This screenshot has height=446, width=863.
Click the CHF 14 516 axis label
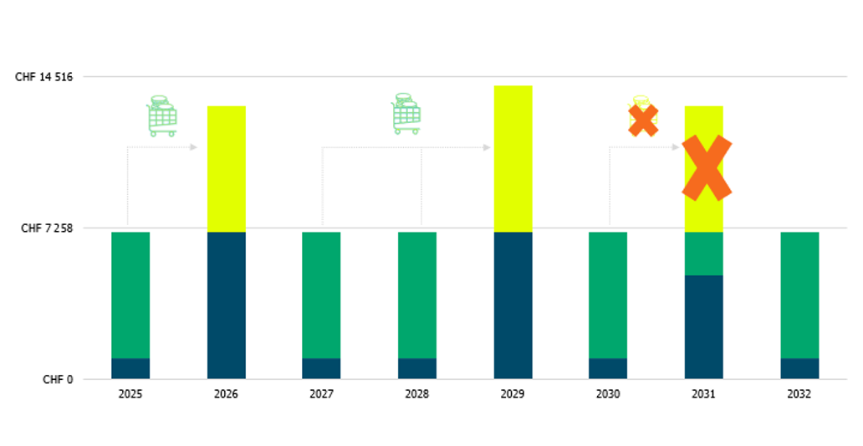[x=44, y=77]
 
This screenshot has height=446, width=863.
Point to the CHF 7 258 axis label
[x=48, y=228]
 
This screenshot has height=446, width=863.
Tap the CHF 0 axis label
[x=59, y=379]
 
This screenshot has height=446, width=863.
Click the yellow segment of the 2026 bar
[x=226, y=168]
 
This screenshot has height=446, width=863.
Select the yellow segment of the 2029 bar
[x=513, y=158]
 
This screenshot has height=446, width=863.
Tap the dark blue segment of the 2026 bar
[x=226, y=305]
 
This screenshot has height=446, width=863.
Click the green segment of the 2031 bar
[x=703, y=254]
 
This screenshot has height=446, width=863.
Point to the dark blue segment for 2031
[x=703, y=326]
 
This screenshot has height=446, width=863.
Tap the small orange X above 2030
[x=643, y=120]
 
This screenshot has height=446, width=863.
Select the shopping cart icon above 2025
[x=161, y=116]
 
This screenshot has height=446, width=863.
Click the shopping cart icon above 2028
[x=406, y=114]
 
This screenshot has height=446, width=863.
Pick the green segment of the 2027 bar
[x=321, y=295]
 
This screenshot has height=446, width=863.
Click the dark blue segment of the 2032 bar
[x=799, y=368]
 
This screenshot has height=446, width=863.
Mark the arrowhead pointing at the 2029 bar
[x=487, y=147]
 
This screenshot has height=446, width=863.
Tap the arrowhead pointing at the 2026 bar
[x=193, y=147]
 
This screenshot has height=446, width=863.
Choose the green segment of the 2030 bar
[x=608, y=295]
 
